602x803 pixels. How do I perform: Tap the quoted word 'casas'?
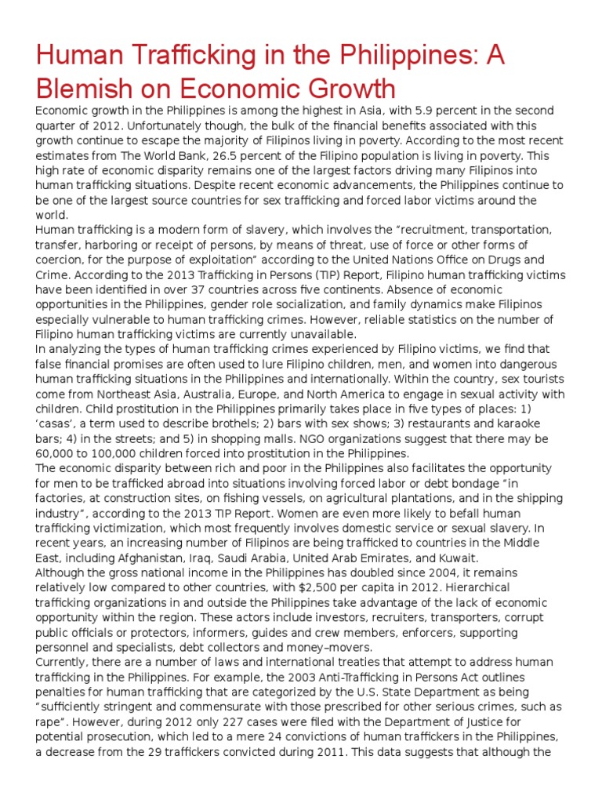pos(56,424)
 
